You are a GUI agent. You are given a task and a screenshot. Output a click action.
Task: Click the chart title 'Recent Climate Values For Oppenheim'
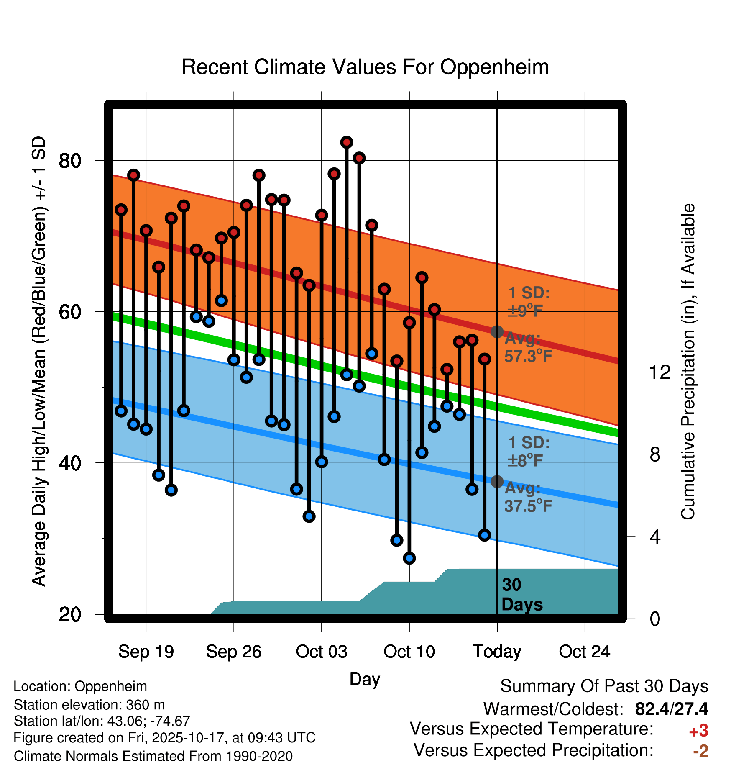[365, 67]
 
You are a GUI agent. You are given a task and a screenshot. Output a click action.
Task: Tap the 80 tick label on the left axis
[70, 161]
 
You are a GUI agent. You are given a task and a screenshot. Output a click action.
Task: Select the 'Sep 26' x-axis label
[234, 652]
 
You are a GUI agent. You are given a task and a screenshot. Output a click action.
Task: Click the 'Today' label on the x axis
[497, 652]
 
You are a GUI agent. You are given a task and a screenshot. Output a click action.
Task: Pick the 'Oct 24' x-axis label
[585, 652]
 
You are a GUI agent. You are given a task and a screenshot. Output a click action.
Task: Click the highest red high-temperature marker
[347, 142]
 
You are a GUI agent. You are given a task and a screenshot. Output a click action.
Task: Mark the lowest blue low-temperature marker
[409, 558]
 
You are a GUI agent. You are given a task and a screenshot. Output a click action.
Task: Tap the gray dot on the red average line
[497, 332]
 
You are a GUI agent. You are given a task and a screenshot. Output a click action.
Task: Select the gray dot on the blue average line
[497, 482]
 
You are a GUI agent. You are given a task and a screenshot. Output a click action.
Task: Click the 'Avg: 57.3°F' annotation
[528, 347]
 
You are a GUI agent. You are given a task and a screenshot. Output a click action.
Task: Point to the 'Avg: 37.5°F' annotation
[528, 497]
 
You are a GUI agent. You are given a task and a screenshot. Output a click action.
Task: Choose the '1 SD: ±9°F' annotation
[529, 302]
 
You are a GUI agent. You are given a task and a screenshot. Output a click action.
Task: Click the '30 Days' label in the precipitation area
[521, 595]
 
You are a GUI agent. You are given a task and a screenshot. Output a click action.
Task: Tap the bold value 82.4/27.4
[671, 709]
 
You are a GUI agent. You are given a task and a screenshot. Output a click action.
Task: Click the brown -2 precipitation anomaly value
[700, 751]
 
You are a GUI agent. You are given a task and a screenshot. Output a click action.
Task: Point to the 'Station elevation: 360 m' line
[89, 705]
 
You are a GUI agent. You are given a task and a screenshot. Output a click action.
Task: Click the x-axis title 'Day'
[365, 679]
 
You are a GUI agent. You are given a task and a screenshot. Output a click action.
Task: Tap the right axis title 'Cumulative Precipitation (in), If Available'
[688, 362]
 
